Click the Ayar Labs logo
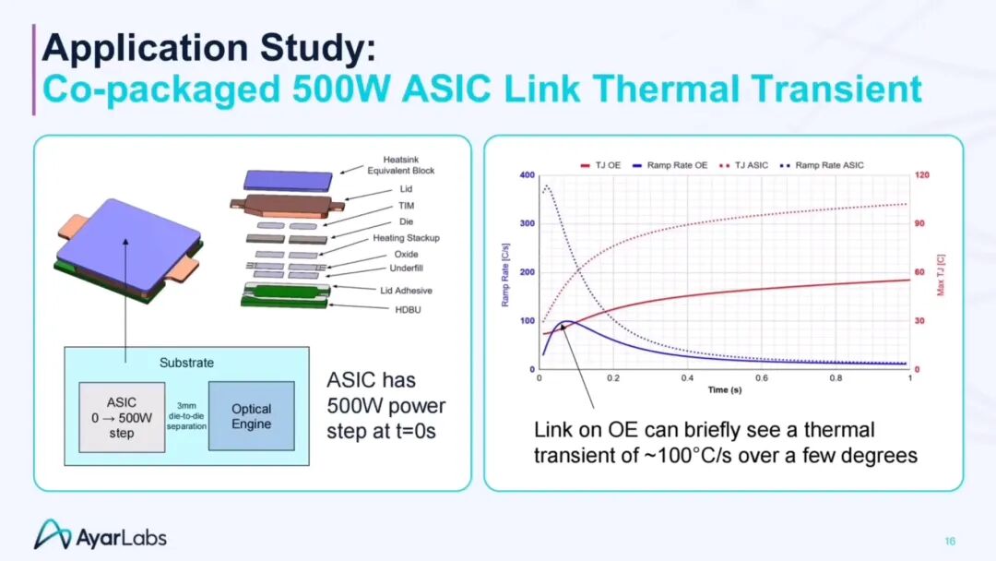[101, 535]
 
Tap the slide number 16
[950, 542]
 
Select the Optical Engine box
[252, 416]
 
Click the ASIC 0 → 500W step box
[122, 417]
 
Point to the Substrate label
[186, 363]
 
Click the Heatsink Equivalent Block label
[401, 165]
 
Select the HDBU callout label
[408, 310]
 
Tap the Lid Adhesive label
[406, 291]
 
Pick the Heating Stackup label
[406, 238]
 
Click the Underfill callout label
[406, 269]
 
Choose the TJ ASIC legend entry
[744, 165]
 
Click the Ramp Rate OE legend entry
[670, 165]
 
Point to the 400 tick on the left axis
[528, 174]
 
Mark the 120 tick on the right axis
[921, 174]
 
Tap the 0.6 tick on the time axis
[761, 378]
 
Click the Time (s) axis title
[725, 389]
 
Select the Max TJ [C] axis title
[941, 275]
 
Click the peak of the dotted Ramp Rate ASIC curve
[547, 186]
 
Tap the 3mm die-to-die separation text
[186, 416]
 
